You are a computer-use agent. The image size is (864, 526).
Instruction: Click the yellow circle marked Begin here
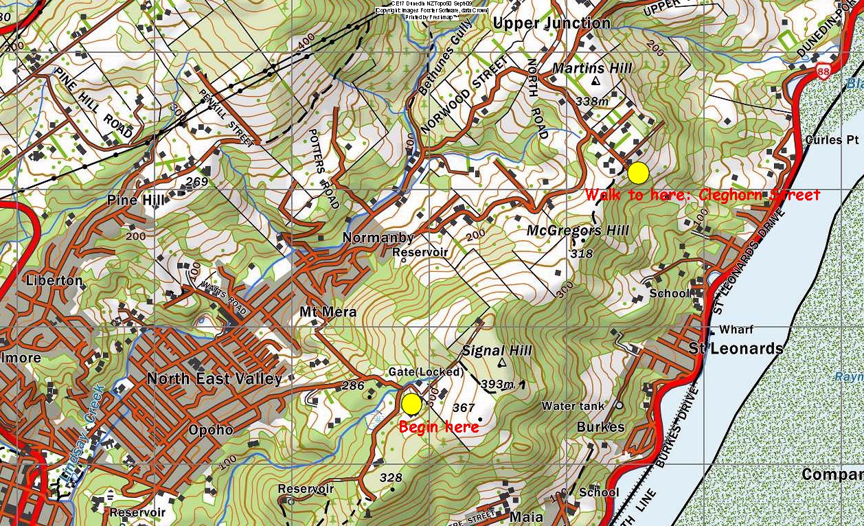tap(411, 404)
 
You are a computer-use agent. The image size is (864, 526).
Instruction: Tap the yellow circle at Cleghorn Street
tap(638, 173)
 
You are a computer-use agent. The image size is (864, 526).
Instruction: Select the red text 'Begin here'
tap(438, 427)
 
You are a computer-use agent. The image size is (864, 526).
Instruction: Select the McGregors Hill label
tap(577, 231)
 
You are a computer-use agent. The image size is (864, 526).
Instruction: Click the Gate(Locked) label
tap(426, 371)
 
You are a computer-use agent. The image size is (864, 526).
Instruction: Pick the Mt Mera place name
tap(328, 312)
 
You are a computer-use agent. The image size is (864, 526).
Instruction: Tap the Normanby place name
tap(378, 238)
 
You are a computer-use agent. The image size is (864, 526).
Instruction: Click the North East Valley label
tap(214, 379)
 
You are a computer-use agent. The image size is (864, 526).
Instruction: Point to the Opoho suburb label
tap(210, 431)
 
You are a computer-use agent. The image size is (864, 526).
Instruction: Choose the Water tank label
tap(573, 406)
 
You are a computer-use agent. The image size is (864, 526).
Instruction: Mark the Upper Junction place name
tap(552, 23)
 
